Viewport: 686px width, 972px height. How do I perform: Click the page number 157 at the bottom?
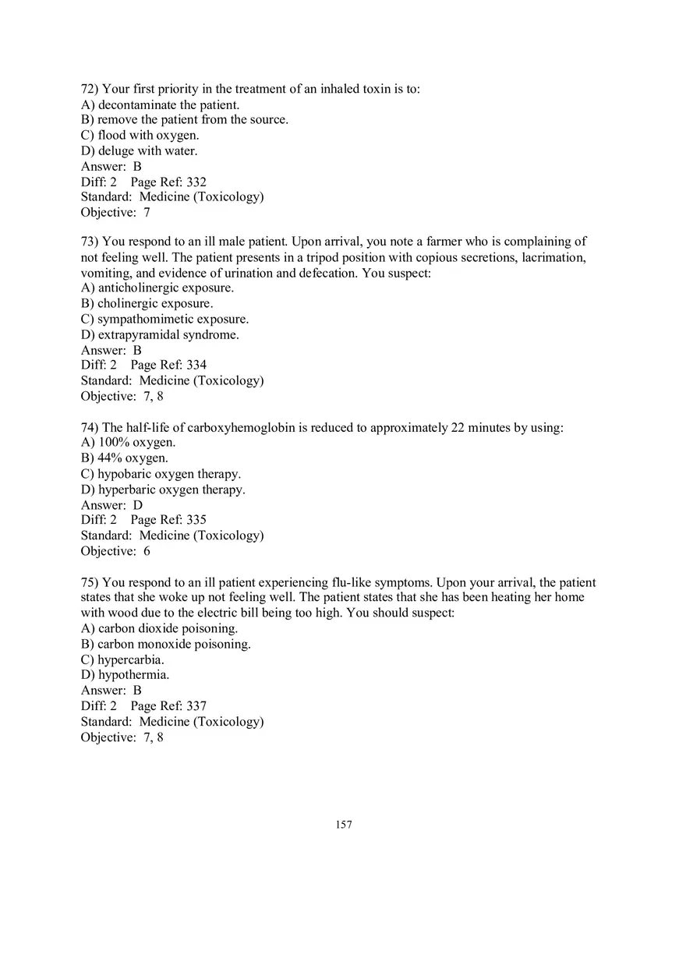coord(344,825)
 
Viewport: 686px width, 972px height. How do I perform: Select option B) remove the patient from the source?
coord(185,119)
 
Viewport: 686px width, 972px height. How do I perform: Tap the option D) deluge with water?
coord(140,150)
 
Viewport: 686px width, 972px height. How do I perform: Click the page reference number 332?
coord(196,182)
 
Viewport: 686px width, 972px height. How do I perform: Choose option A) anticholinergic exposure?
coord(157,288)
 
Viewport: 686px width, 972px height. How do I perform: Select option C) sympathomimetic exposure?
coord(165,319)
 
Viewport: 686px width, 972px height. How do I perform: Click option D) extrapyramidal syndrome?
coord(160,334)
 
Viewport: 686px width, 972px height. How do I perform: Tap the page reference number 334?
coord(196,365)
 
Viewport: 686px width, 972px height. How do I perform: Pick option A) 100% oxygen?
coord(129,443)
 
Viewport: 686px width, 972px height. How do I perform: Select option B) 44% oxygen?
coord(125,458)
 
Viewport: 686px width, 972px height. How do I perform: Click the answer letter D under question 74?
coord(138,504)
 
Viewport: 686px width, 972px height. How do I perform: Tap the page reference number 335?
coord(196,520)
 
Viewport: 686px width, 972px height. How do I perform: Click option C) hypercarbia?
coord(122,659)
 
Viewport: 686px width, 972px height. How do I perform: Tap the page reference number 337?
coord(196,706)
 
